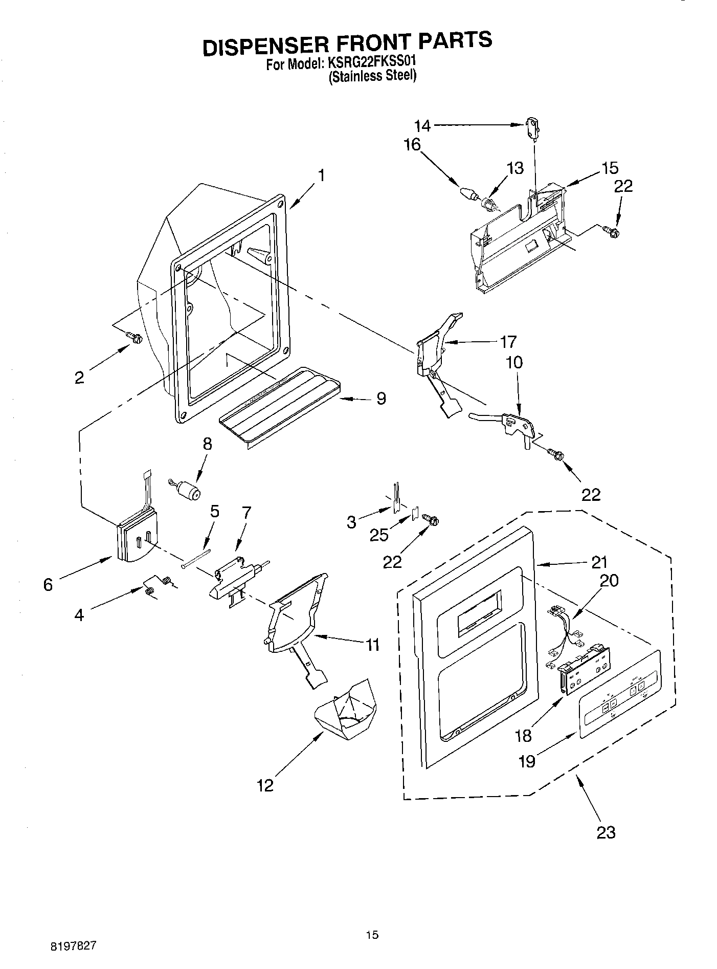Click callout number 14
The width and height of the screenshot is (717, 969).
pyautogui.click(x=422, y=125)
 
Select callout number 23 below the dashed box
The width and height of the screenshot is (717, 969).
pyautogui.click(x=606, y=832)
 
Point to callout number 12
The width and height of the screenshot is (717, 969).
pyautogui.click(x=265, y=785)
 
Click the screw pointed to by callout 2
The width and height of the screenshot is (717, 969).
pyautogui.click(x=136, y=337)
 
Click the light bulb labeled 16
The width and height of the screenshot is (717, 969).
pyautogui.click(x=468, y=194)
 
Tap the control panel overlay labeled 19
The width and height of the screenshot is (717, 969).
pyautogui.click(x=619, y=694)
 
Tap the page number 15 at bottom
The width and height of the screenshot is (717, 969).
pyautogui.click(x=372, y=935)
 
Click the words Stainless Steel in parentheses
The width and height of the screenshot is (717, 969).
pyautogui.click(x=372, y=77)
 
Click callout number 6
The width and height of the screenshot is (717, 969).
pyautogui.click(x=48, y=584)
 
